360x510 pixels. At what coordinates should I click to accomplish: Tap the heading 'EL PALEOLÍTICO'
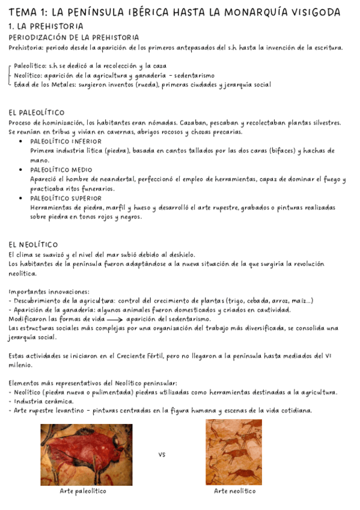coord(37,112)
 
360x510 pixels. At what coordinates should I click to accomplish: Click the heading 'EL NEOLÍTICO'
coord(34,244)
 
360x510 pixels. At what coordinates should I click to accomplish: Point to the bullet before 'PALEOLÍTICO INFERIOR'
coord(22,142)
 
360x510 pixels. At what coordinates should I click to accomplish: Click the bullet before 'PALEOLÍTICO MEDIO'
coord(22,170)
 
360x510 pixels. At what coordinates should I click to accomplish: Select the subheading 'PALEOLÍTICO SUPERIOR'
coord(66,198)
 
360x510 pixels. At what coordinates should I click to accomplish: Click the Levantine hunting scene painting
coord(233,452)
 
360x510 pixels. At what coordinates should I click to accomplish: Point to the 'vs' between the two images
coord(162,455)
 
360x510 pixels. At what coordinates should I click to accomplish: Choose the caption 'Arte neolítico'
coord(235,491)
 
